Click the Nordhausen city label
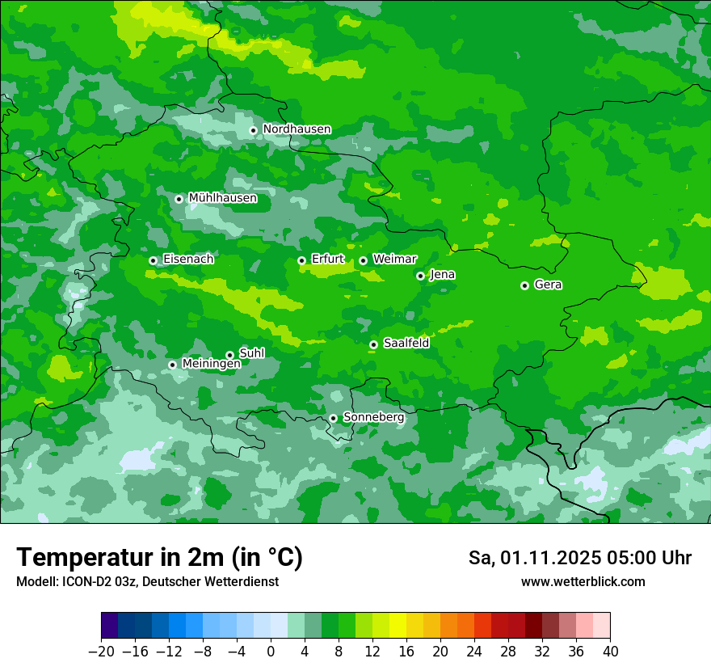click(297, 129)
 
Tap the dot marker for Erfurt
click(301, 260)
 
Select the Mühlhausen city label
click(222, 198)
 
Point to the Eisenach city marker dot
click(153, 260)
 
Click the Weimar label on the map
click(394, 260)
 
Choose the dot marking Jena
click(420, 276)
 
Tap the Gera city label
click(548, 285)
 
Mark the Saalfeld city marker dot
click(373, 344)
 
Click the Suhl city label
click(251, 353)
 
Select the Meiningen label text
click(211, 365)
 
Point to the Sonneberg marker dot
click(333, 418)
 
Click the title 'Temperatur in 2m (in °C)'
click(159, 557)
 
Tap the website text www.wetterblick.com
click(583, 582)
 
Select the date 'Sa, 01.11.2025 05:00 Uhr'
click(579, 558)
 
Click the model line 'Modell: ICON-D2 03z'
click(147, 582)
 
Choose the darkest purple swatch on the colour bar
click(110, 626)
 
